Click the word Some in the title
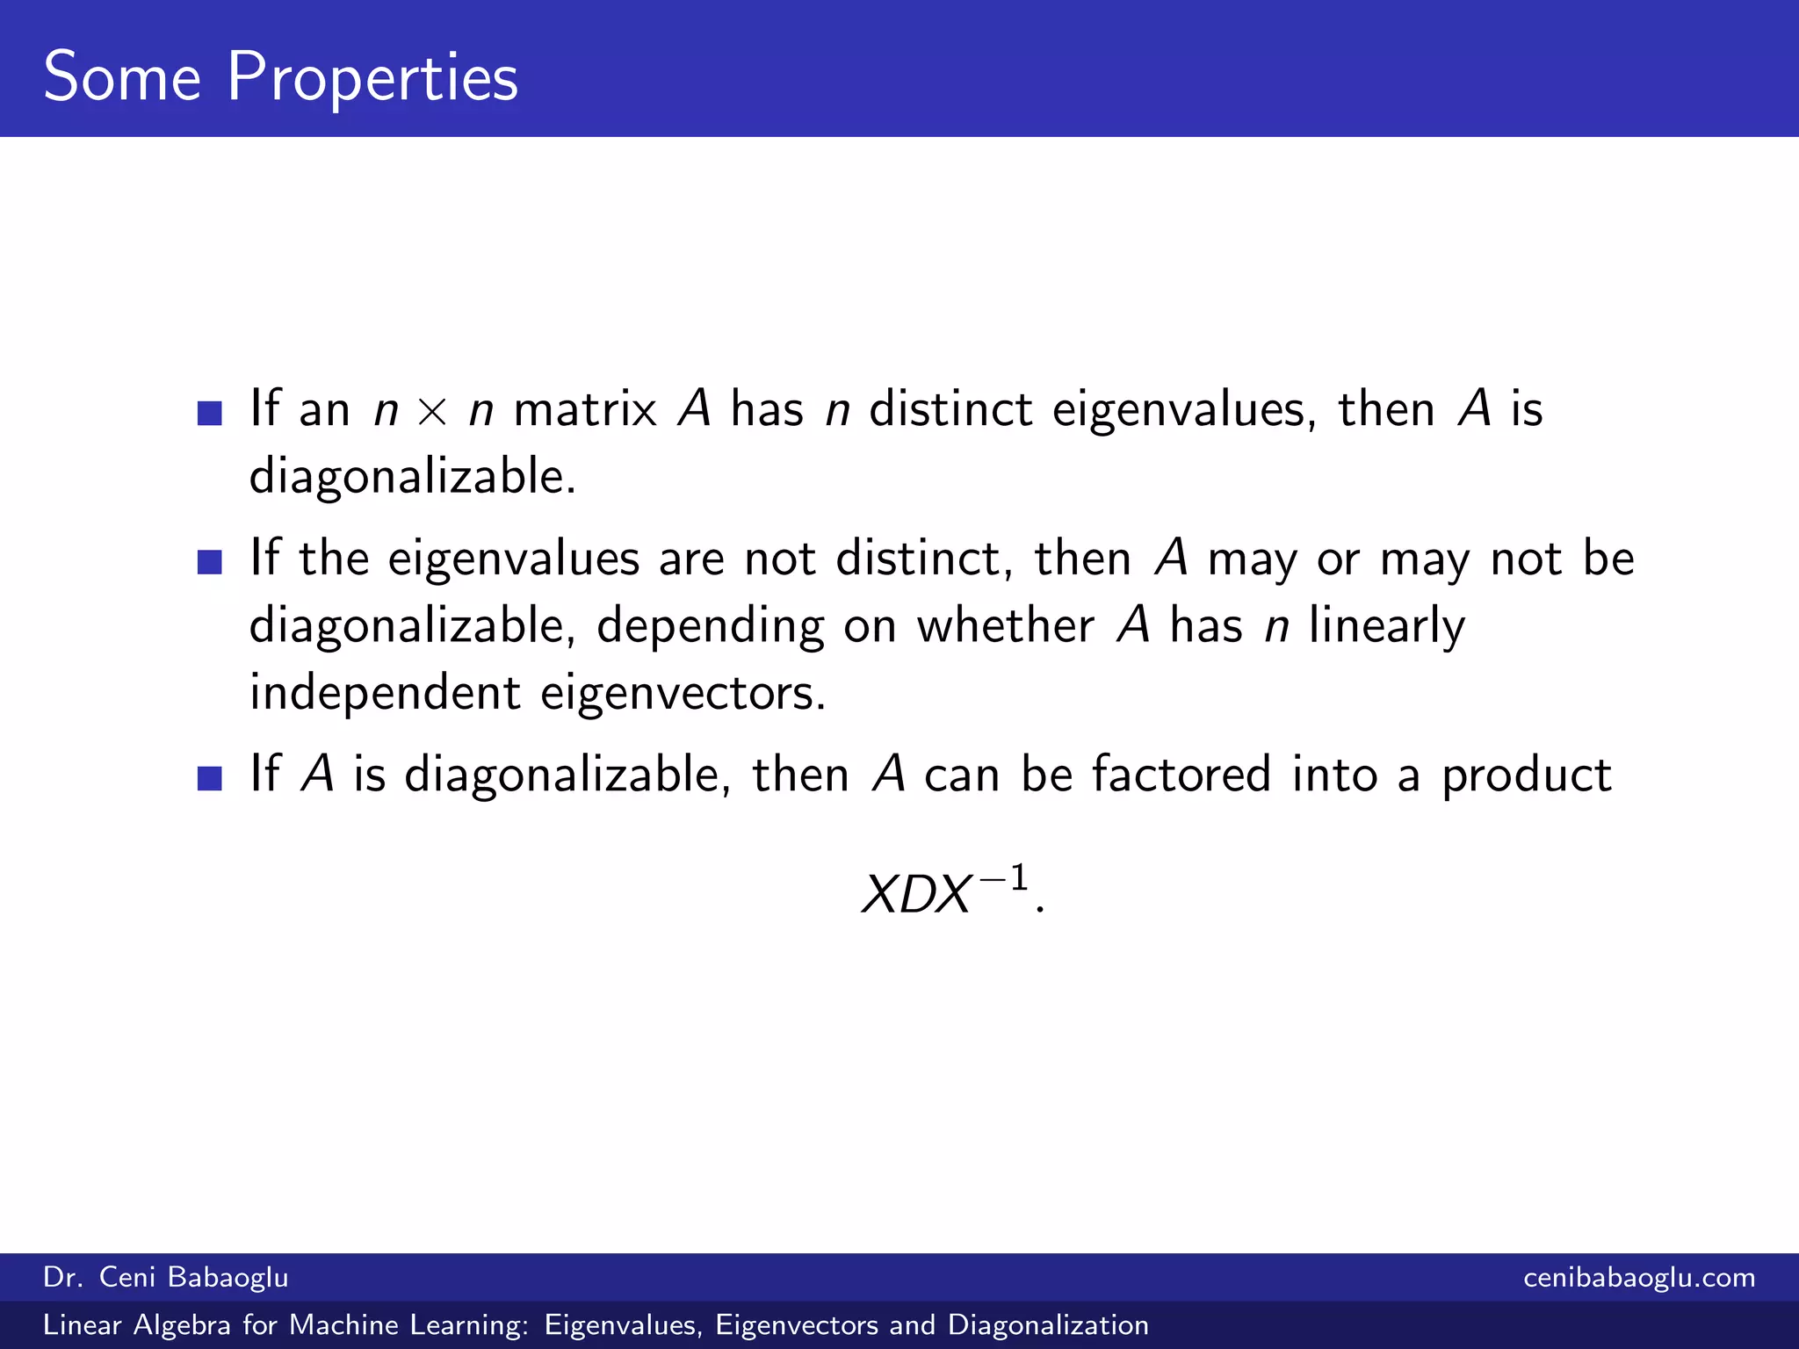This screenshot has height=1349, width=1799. pyautogui.click(x=122, y=77)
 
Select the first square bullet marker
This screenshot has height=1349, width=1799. pyautogui.click(x=210, y=413)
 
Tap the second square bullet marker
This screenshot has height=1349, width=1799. pyautogui.click(x=210, y=562)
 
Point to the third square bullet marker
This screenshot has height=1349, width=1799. pyautogui.click(x=210, y=778)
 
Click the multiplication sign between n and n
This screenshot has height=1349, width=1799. pyautogui.click(x=432, y=411)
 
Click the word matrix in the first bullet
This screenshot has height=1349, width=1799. pyautogui.click(x=585, y=409)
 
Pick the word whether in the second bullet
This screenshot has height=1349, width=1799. pyautogui.click(x=1006, y=625)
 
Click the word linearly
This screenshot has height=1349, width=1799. pyautogui.click(x=1387, y=627)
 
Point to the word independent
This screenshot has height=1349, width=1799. pyautogui.click(x=385, y=692)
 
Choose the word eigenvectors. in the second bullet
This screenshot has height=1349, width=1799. pyautogui.click(x=683, y=694)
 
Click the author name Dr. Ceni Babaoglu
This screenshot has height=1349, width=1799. pyautogui.click(x=166, y=1277)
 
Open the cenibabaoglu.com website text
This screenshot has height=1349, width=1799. pyautogui.click(x=1639, y=1277)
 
